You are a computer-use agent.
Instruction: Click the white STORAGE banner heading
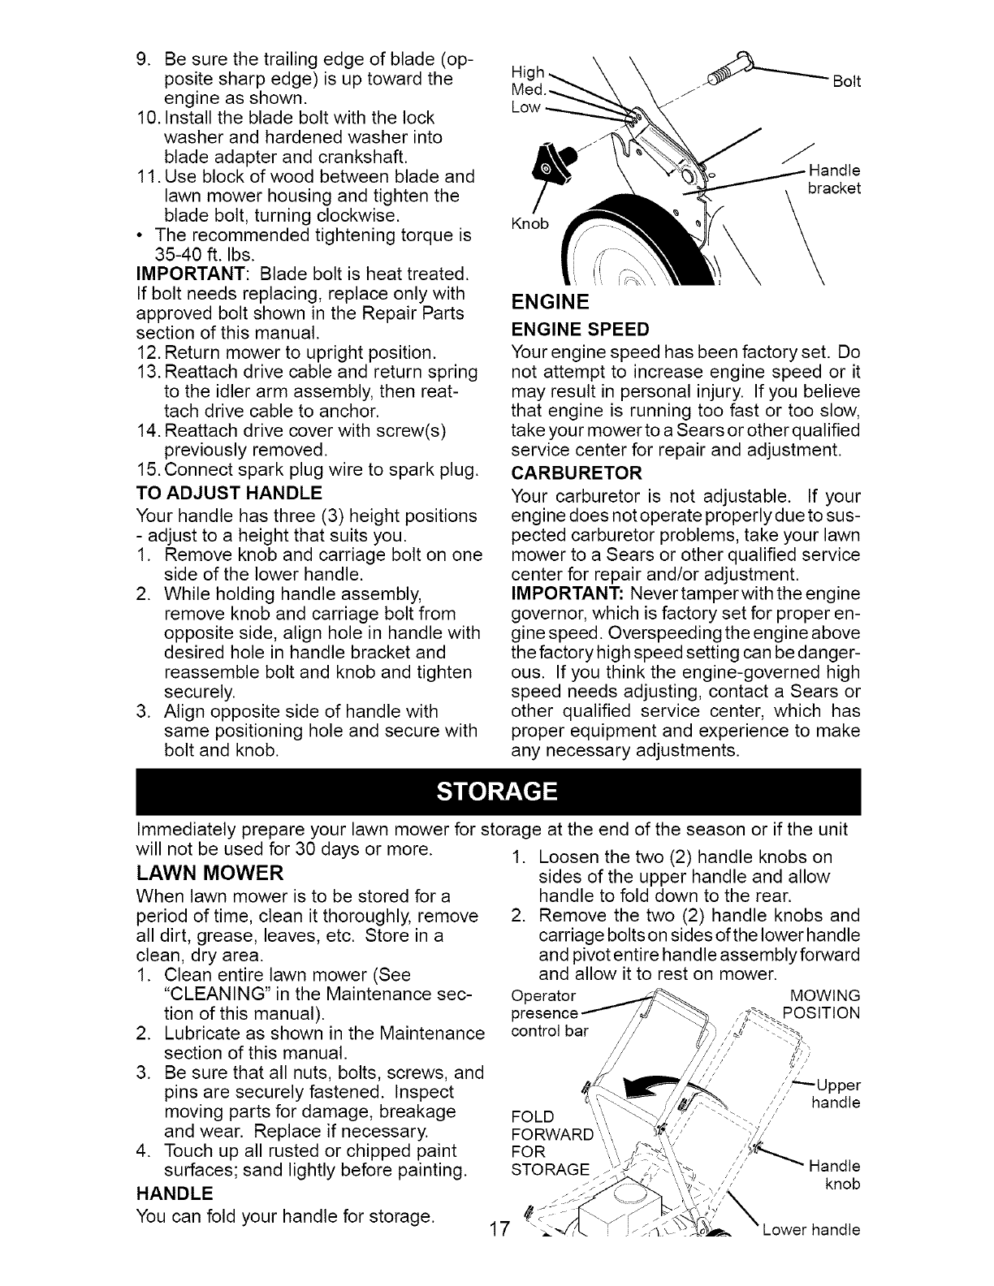(496, 791)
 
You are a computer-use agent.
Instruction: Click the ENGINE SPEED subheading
(580, 329)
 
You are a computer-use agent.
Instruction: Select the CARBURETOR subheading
(576, 472)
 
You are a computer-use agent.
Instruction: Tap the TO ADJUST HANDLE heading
(228, 493)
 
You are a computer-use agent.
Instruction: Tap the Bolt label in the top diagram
(846, 81)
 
